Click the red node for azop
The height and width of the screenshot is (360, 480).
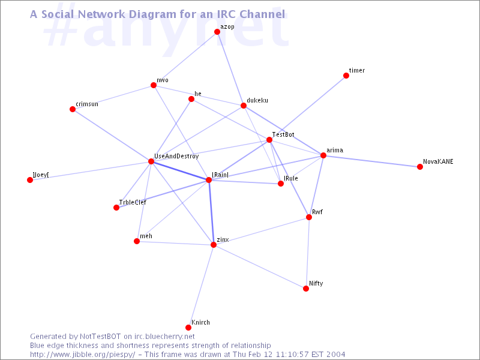tap(217, 32)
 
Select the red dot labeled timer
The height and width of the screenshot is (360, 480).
tap(346, 76)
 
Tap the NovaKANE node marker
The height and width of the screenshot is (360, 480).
tap(419, 167)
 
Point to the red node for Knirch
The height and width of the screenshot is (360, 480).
tap(188, 328)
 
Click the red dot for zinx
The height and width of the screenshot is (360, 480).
tap(214, 245)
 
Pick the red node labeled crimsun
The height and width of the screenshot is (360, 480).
tap(73, 109)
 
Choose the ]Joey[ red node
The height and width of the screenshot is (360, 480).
tap(29, 180)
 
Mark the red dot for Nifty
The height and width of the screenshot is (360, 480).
tap(306, 289)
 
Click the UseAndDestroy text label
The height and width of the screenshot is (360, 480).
tap(176, 157)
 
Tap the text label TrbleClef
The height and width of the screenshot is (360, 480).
tap(133, 202)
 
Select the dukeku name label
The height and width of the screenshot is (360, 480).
tap(257, 100)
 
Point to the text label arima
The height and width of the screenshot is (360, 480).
tap(335, 151)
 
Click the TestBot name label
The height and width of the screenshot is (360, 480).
tap(283, 134)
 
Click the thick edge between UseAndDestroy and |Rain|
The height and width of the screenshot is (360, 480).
tap(179, 170)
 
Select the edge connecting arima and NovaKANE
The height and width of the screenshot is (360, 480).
tap(371, 161)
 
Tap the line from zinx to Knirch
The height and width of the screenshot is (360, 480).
tap(201, 286)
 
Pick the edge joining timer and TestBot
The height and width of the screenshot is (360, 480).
tap(308, 108)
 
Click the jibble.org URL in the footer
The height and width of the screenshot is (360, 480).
tap(82, 355)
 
